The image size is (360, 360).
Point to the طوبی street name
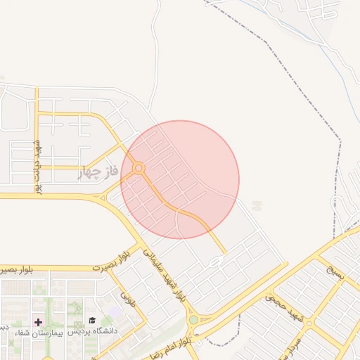click(x=129, y=301)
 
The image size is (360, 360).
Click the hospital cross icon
click(x=38, y=321)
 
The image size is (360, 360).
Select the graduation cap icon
click(x=93, y=321)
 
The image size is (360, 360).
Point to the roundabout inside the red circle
click(x=139, y=168)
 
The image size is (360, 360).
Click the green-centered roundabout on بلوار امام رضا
click(x=193, y=320)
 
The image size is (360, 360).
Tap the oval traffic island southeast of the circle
click(x=215, y=262)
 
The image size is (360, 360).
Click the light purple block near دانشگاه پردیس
click(x=115, y=311)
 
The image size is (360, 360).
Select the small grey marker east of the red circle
click(x=257, y=206)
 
